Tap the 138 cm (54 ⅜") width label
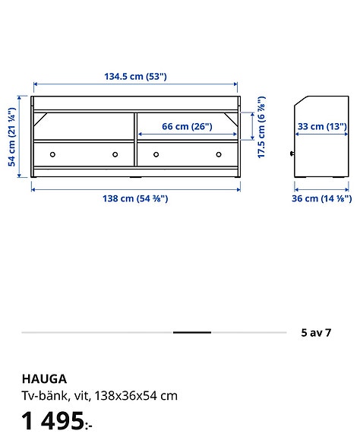[x=135, y=198]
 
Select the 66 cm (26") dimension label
[x=187, y=126]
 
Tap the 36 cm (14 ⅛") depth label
[x=321, y=198]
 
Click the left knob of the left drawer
[x=52, y=154]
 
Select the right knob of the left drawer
[x=115, y=154]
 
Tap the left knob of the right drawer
[x=156, y=154]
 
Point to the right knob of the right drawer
[x=218, y=154]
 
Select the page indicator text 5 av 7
[x=316, y=332]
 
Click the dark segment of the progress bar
[x=192, y=333]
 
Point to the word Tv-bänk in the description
[x=39, y=395]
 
